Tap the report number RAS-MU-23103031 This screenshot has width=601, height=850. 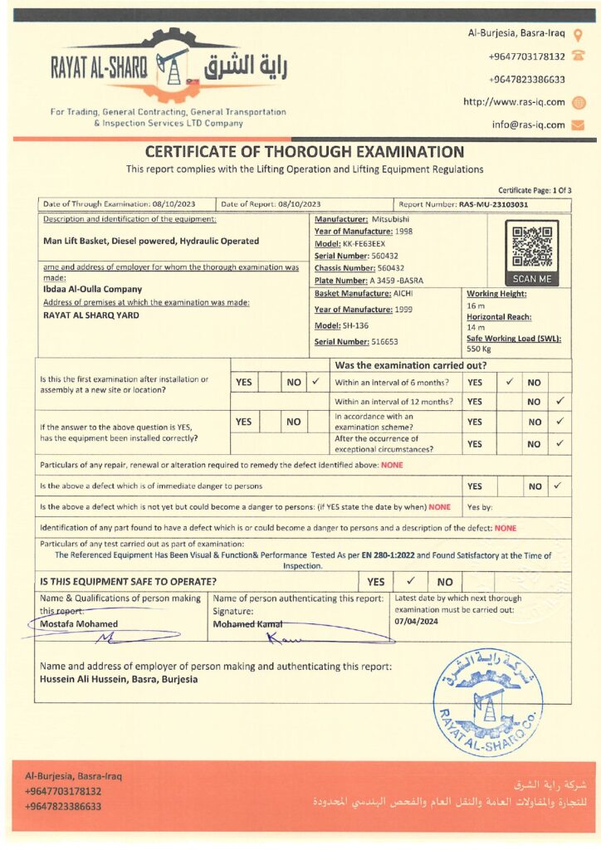493,203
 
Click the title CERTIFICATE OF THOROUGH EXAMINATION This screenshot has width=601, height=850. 305,152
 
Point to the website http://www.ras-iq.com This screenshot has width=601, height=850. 514,102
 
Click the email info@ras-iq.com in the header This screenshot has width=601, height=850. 528,125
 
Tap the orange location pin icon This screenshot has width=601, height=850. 579,34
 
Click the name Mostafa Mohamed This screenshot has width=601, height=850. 79,623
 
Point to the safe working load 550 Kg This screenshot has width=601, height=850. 479,349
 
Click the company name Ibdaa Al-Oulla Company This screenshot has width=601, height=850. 92,290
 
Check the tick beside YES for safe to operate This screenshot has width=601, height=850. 410,581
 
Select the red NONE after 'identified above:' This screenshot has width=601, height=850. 392,465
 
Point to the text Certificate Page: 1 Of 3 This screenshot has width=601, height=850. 535,190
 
